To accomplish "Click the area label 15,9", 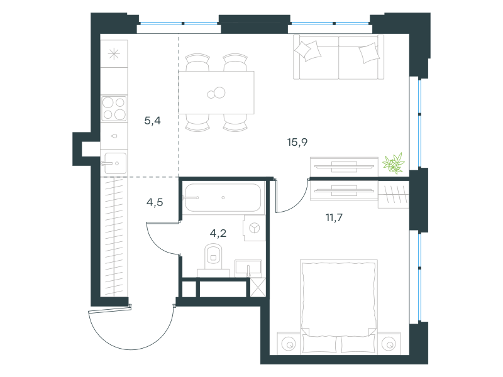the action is (297, 142).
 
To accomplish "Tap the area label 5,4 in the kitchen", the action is (152, 121).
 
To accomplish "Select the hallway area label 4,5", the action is (155, 202).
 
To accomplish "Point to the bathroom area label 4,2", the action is (218, 233).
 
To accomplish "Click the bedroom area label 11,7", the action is (334, 217).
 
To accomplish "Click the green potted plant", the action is (394, 163).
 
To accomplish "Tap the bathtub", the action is (224, 197).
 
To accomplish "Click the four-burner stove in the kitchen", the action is (114, 108).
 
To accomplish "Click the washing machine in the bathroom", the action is (254, 228).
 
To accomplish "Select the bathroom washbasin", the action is (248, 268).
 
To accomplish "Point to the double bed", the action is (338, 307).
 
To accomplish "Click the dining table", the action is (216, 92).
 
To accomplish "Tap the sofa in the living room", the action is (338, 57).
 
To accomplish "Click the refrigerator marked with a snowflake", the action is (114, 53).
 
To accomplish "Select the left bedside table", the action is (289, 344).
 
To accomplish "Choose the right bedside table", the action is (389, 344).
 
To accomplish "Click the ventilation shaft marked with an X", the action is (258, 288).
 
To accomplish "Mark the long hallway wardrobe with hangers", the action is (114, 237).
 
